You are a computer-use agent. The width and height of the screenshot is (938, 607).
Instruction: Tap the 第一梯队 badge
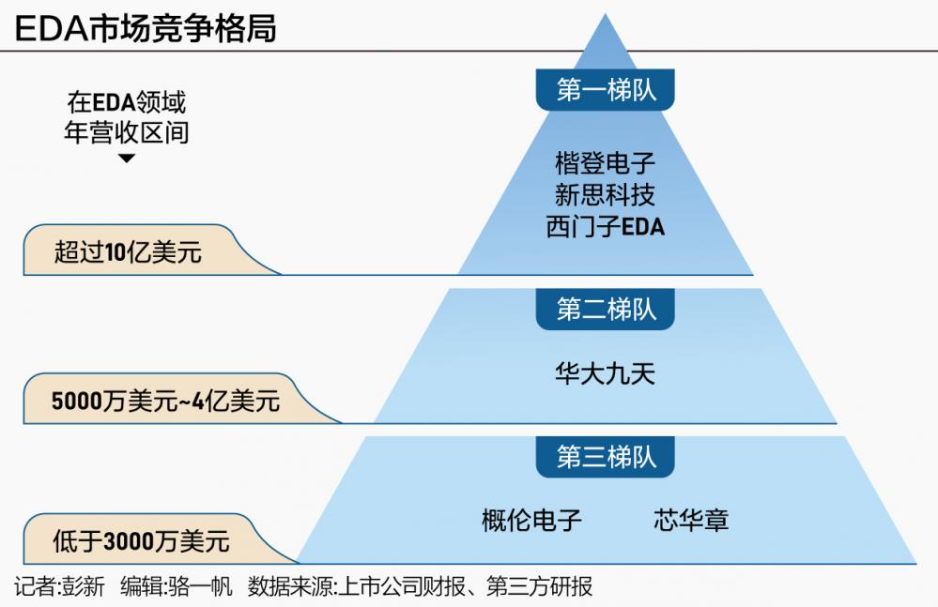coord(606,90)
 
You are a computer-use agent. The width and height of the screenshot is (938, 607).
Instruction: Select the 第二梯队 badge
coord(606,309)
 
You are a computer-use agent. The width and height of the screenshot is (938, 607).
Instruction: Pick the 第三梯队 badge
coord(606,457)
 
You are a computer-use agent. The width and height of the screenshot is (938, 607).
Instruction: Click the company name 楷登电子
coord(606,162)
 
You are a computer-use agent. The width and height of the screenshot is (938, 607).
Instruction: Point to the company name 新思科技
coord(606,194)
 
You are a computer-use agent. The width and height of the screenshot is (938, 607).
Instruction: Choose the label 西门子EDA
coord(606,226)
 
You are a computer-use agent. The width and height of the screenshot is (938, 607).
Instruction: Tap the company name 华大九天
coord(606,374)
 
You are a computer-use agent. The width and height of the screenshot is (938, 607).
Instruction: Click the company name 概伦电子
coord(531,520)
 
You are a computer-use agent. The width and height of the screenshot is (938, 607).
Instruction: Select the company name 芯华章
coord(691,520)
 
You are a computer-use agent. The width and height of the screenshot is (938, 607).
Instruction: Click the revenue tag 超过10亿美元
coord(128,252)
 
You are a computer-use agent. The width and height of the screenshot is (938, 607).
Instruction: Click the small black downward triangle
coord(127,159)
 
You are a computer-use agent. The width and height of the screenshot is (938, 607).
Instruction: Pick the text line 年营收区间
coord(127,131)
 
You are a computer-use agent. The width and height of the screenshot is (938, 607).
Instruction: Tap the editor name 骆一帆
coord(200,587)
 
